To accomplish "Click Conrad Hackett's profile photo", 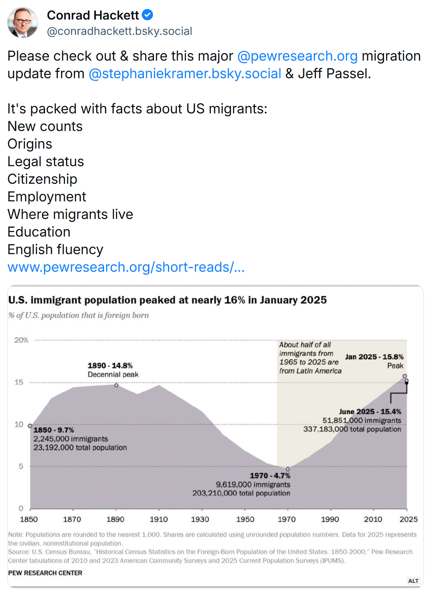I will pyautogui.click(x=22, y=22).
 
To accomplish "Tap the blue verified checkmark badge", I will pyautogui.click(x=148, y=15).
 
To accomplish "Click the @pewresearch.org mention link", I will pyautogui.click(x=297, y=56).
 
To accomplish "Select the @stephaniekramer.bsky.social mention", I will pyautogui.click(x=185, y=74).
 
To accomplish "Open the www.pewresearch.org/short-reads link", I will pyautogui.click(x=126, y=267).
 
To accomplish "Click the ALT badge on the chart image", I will pyautogui.click(x=413, y=581).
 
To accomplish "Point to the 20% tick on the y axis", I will pyautogui.click(x=21, y=340).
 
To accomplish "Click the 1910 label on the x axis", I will pyautogui.click(x=159, y=519).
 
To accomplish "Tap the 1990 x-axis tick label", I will pyautogui.click(x=330, y=519).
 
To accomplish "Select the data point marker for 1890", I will pyautogui.click(x=116, y=385).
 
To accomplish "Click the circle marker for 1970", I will pyautogui.click(x=288, y=469).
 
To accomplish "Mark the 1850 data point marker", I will pyautogui.click(x=30, y=426).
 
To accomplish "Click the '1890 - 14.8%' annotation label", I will pyautogui.click(x=110, y=366).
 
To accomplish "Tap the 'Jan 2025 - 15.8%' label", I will pyautogui.click(x=374, y=357).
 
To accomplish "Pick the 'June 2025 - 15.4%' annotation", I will pyautogui.click(x=370, y=412).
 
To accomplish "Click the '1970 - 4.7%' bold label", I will pyautogui.click(x=270, y=476).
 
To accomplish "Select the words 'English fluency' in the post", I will pyautogui.click(x=55, y=250).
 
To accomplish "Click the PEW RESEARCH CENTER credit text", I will pyautogui.click(x=45, y=573).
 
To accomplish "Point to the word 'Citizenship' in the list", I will pyautogui.click(x=42, y=179).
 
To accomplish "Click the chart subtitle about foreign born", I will pyautogui.click(x=79, y=315).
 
